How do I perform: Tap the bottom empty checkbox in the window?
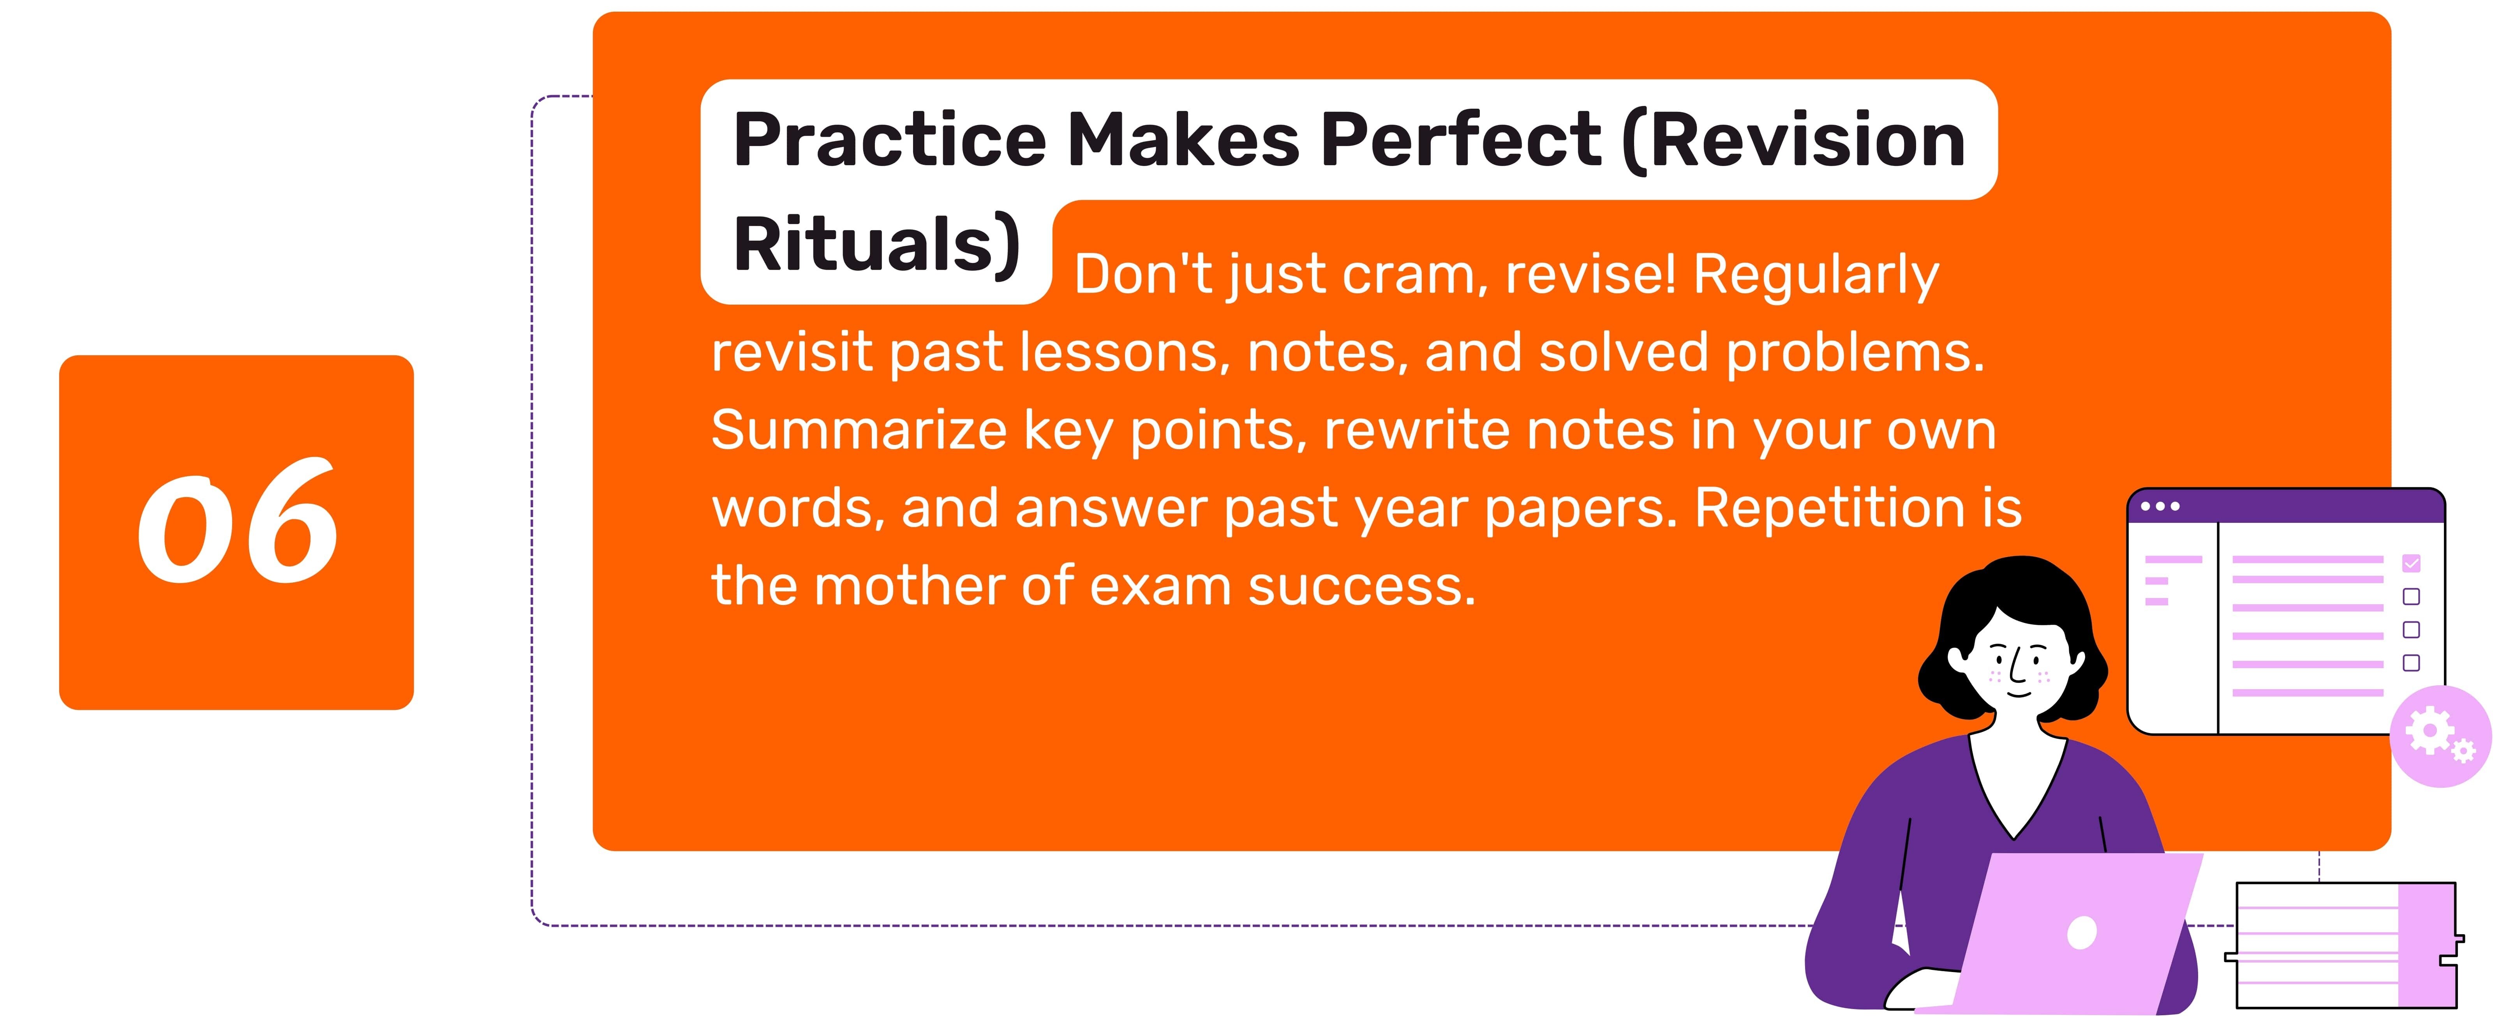pyautogui.click(x=2411, y=663)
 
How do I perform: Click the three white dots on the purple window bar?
pyautogui.click(x=2160, y=506)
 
